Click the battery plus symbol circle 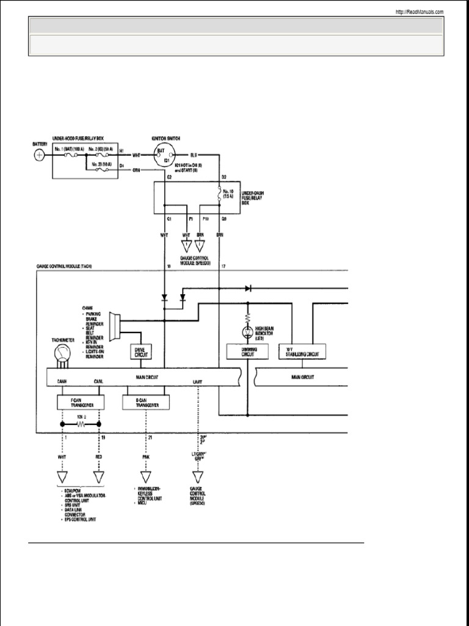40,155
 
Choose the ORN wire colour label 137,170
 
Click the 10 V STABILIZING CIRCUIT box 302,352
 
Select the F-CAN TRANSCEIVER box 80,402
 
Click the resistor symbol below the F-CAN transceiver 80,423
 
